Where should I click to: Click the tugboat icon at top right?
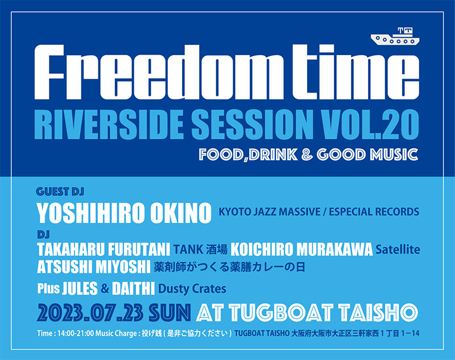[395, 36]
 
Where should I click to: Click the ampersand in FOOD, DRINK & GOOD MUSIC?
[307, 155]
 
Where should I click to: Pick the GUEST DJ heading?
[60, 192]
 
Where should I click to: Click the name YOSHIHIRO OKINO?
[124, 213]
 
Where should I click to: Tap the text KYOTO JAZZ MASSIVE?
[270, 212]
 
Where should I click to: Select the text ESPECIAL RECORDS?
[374, 212]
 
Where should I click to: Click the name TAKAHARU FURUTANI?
[104, 250]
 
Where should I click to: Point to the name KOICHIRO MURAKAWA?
[301, 250]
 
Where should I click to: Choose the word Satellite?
[398, 250]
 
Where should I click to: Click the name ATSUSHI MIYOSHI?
[94, 267]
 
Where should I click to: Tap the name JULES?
[80, 289]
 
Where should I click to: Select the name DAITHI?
[133, 289]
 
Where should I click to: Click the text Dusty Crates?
[192, 289]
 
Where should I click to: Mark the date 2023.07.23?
[90, 313]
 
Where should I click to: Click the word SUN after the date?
[169, 313]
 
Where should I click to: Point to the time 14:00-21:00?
[76, 333]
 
